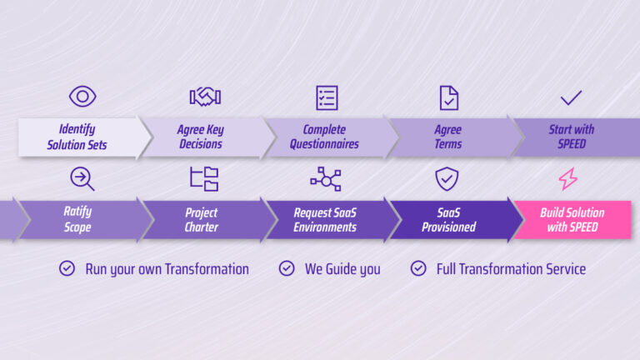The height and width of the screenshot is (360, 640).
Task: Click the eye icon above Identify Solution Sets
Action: pos(82,97)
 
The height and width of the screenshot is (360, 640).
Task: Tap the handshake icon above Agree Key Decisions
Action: pos(204,97)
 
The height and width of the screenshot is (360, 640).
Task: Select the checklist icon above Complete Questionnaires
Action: pos(327,97)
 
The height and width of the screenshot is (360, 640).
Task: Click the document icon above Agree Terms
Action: pos(449,97)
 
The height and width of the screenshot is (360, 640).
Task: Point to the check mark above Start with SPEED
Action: pos(571,98)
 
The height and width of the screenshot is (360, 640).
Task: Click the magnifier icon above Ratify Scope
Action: pos(82,178)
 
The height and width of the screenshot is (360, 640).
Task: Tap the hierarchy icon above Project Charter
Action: pos(204,178)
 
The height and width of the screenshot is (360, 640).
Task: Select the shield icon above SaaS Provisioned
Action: pos(448,178)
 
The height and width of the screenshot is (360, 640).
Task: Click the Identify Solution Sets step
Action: pos(77,137)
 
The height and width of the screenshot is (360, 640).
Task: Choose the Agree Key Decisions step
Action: pos(201,137)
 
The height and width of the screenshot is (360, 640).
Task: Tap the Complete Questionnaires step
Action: pos(324,137)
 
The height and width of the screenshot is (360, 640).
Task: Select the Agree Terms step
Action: pos(448,137)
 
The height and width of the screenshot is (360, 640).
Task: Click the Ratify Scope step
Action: pos(77,220)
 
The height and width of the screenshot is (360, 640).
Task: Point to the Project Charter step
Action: pos(201,220)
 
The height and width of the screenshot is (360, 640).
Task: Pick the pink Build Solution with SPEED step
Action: pos(572,220)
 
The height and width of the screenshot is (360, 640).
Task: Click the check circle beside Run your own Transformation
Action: pos(67,268)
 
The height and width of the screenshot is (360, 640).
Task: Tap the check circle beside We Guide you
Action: pos(287,268)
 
